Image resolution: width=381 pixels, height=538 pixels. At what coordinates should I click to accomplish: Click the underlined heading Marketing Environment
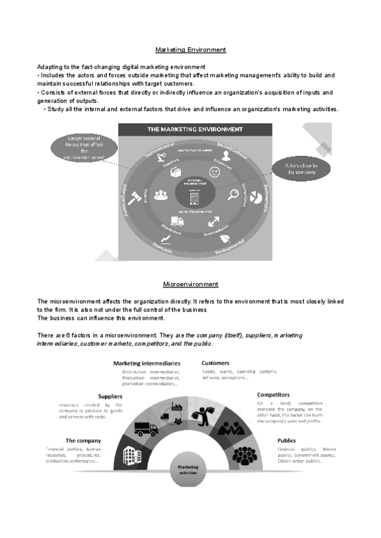pos(190,49)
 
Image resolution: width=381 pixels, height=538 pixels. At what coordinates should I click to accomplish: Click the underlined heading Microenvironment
pos(190,284)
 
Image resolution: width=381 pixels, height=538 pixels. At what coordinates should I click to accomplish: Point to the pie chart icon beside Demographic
pos(256,197)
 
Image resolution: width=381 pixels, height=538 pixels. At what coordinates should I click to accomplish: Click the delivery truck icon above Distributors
pos(177,222)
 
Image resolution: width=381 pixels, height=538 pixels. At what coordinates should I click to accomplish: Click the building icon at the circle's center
pos(194,198)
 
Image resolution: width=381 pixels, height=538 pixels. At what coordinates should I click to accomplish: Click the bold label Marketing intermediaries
pos(147,364)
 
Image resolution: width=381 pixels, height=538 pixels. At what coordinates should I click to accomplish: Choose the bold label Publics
pos(288,440)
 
